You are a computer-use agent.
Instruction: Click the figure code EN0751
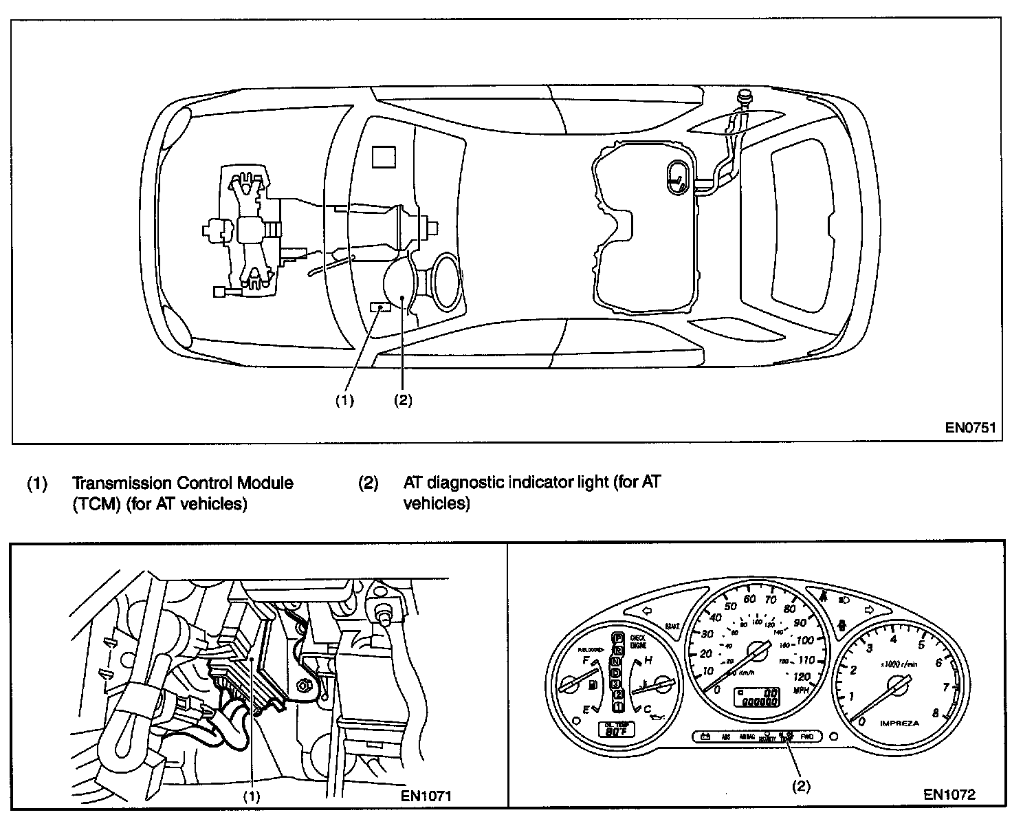pyautogui.click(x=970, y=427)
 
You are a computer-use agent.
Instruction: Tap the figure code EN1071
pyautogui.click(x=426, y=796)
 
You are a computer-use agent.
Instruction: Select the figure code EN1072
pyautogui.click(x=949, y=795)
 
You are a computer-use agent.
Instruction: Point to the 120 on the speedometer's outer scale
pyautogui.click(x=801, y=676)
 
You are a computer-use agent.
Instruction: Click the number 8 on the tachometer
pyautogui.click(x=935, y=713)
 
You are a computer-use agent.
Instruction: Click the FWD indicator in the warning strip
pyautogui.click(x=807, y=737)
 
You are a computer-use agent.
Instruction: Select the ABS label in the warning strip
pyautogui.click(x=725, y=737)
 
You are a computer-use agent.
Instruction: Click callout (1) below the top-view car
pyautogui.click(x=344, y=400)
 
